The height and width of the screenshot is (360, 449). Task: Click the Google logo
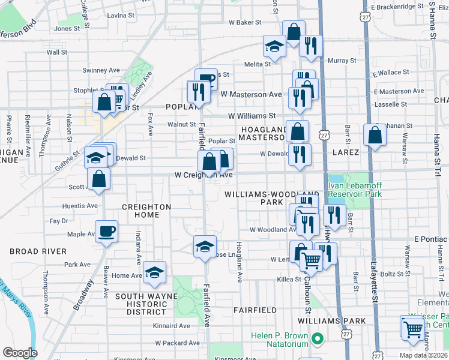coord(20,353)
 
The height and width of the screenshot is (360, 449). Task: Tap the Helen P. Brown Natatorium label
coord(279,338)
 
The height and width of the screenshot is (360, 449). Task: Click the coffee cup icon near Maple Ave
coord(106,231)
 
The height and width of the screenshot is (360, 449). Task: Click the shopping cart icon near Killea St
coord(311,260)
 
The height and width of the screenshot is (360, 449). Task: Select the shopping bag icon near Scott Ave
coord(98,178)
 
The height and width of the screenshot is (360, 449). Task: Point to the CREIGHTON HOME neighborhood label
coord(147,207)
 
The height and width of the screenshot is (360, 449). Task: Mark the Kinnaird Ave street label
coord(171,326)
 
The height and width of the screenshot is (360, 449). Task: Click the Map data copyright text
coord(423,355)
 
